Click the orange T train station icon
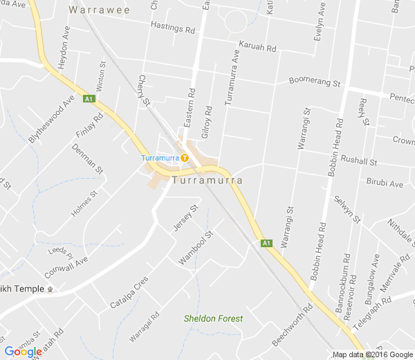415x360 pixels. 185,158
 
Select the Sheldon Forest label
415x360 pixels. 213,318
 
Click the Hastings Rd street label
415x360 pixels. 174,28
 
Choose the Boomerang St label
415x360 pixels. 315,82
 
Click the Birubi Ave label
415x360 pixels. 385,184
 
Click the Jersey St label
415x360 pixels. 186,217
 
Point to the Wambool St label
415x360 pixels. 196,246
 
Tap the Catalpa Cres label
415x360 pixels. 129,293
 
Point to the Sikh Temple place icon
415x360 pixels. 50,289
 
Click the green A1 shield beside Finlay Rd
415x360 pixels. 89,99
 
